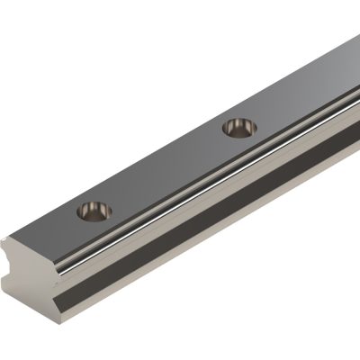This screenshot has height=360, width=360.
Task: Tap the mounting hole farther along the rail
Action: pos(238,127)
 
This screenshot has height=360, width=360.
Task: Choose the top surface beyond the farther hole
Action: pos(297,90)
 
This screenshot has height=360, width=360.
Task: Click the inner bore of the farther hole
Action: pos(238,130)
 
